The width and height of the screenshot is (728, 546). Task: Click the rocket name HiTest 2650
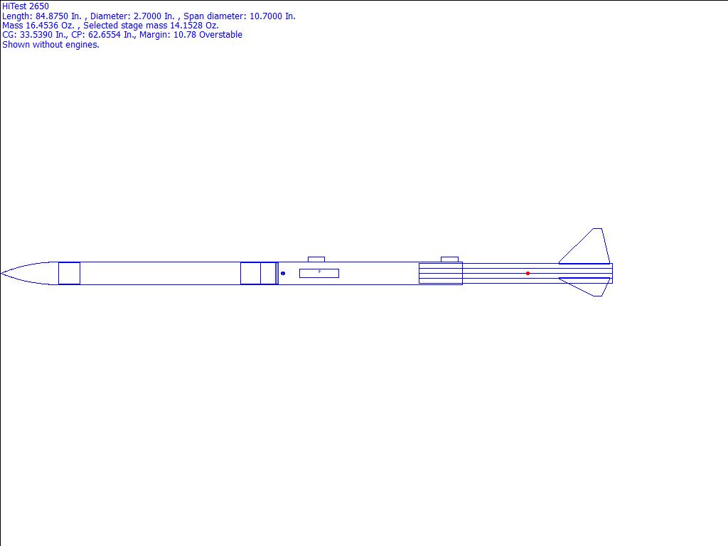point(26,6)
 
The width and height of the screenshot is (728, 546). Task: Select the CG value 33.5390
point(36,35)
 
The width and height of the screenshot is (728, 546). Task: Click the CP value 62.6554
point(105,35)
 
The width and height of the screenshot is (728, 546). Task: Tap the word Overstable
point(220,35)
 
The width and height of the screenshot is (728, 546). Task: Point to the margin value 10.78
point(185,35)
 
